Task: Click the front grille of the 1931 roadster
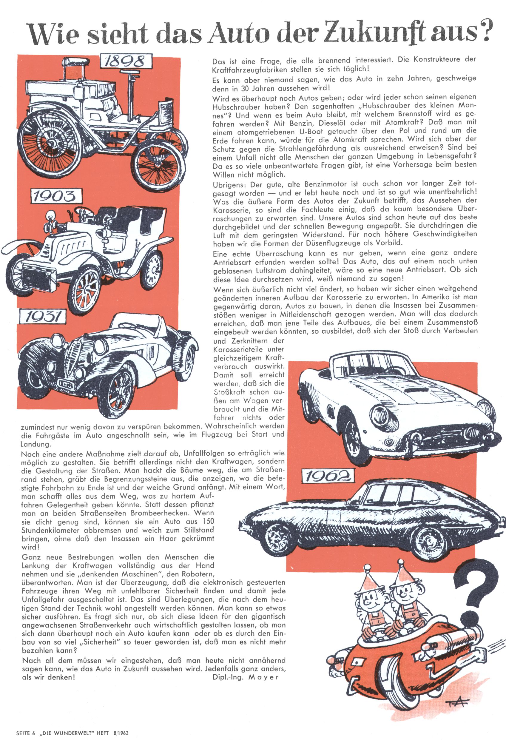(75, 360)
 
